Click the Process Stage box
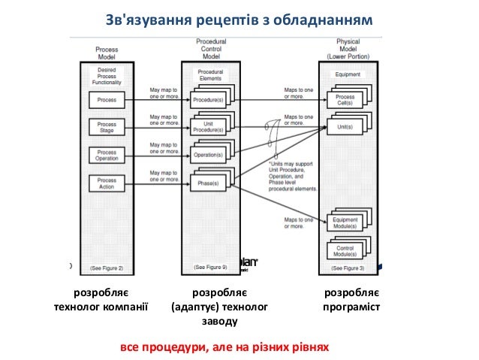click(x=107, y=126)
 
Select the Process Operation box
click(x=107, y=154)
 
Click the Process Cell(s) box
click(x=345, y=101)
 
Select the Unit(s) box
click(x=345, y=127)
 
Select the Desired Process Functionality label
click(x=107, y=76)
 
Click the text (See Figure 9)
click(x=210, y=267)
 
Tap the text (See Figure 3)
click(x=348, y=268)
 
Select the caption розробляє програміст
click(x=351, y=299)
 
